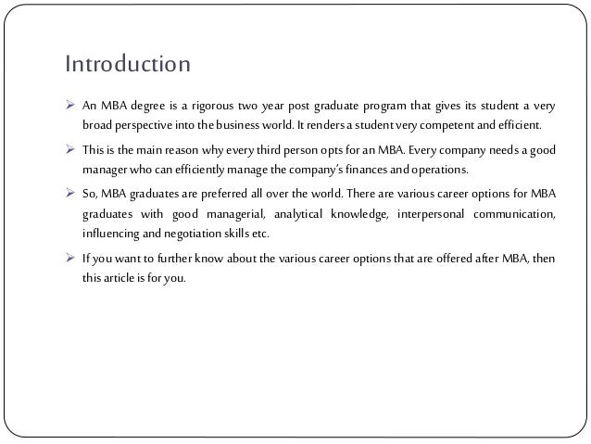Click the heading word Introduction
pyautogui.click(x=128, y=66)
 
